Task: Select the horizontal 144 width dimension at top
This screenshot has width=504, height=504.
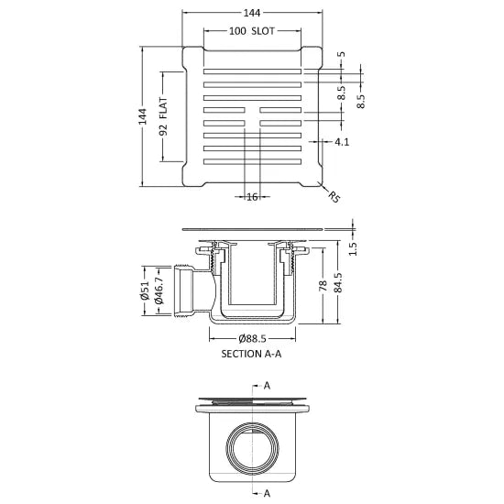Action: [252, 13]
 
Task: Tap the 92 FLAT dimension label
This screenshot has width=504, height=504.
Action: [163, 117]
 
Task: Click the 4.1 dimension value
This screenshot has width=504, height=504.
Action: [341, 142]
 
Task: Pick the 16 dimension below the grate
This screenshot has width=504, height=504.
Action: [252, 196]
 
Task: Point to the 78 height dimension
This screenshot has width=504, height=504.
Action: [323, 286]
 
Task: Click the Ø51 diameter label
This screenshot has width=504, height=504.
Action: [146, 291]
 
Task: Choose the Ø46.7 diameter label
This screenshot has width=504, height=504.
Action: [160, 291]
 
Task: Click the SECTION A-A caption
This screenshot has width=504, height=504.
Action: [252, 353]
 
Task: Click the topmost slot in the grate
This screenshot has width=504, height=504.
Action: [252, 70]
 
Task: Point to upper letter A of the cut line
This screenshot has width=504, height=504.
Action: [267, 387]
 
